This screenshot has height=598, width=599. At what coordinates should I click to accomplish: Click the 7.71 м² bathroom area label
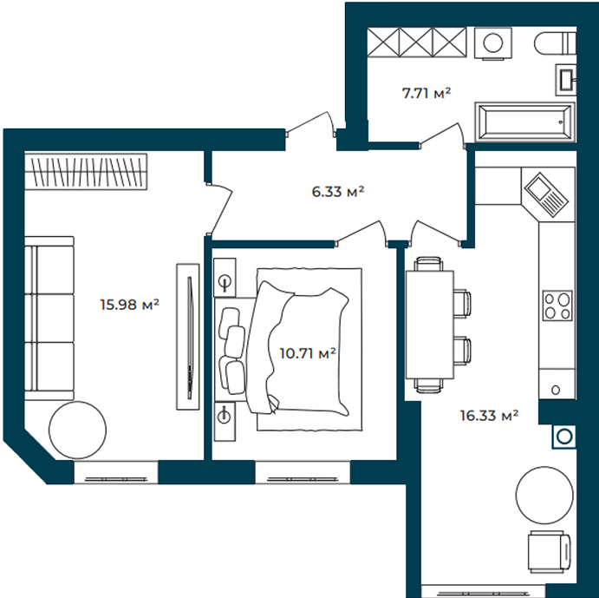point(426,93)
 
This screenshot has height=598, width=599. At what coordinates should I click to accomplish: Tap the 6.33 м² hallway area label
point(338,191)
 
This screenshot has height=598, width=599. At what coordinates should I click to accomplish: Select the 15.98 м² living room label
point(129,305)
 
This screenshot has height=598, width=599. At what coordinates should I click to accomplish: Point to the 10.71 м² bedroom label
point(308,353)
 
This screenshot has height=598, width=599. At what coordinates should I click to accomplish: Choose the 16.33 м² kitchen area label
point(489,415)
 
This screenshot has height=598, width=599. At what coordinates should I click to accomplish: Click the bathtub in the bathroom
point(525,122)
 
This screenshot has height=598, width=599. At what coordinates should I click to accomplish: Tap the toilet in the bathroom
point(555,43)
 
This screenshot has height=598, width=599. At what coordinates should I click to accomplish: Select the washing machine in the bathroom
point(492,43)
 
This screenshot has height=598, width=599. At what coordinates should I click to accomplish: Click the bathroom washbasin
point(566,80)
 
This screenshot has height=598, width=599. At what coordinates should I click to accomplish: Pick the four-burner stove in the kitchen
point(557,306)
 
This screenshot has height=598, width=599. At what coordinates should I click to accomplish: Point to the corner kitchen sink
point(546,195)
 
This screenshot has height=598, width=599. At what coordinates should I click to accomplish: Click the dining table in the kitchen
point(430,325)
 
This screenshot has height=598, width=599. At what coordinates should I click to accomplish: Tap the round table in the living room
point(78,430)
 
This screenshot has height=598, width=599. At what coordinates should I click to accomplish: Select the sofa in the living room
point(49,319)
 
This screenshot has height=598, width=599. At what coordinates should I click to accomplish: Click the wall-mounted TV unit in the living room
point(187,337)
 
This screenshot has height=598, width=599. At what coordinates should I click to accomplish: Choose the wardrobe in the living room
point(86,171)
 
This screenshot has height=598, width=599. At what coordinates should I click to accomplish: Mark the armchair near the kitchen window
point(550,552)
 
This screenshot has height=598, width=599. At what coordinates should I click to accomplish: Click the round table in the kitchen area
point(544,495)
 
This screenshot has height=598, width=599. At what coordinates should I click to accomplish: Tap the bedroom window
point(303,472)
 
